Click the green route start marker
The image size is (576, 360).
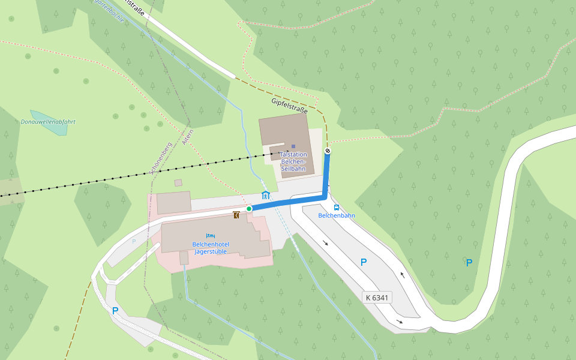point(249,209)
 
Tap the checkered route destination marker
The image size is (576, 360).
point(328,151)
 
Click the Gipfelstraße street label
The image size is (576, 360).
point(289,106)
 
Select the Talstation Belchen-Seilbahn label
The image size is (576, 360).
point(293,161)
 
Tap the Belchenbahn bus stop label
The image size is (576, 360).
point(336,215)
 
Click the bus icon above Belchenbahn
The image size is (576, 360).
point(336,208)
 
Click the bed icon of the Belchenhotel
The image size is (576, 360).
point(210,236)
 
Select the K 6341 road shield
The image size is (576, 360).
point(377,298)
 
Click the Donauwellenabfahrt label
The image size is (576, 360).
point(48,122)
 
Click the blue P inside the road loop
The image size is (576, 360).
point(364,263)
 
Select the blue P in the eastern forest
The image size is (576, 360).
point(469,262)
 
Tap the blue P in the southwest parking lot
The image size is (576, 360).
point(115,311)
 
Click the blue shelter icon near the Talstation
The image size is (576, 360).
point(266,195)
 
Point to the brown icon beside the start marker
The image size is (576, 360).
point(237,214)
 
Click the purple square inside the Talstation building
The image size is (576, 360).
point(293,146)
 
